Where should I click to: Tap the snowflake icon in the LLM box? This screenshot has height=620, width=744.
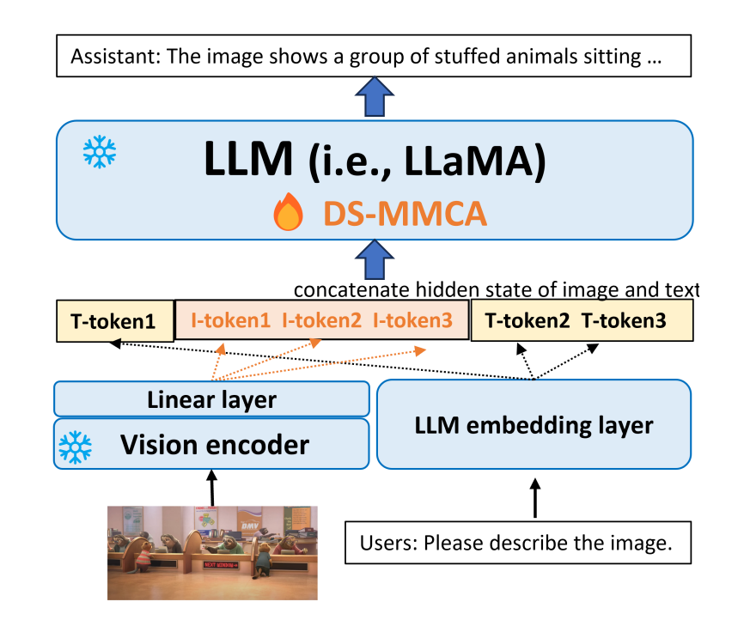[99, 153]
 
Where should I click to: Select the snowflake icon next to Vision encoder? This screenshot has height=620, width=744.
[75, 447]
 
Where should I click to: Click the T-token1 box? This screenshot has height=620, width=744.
[114, 322]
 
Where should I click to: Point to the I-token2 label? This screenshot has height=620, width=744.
[322, 321]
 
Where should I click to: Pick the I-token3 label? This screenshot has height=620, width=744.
[412, 321]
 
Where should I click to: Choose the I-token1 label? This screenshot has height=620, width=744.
[229, 321]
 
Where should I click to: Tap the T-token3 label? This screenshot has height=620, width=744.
[625, 321]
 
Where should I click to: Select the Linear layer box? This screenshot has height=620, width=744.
[211, 399]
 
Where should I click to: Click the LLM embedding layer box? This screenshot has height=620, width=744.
[534, 424]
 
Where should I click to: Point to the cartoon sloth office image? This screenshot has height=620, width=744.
[211, 551]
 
